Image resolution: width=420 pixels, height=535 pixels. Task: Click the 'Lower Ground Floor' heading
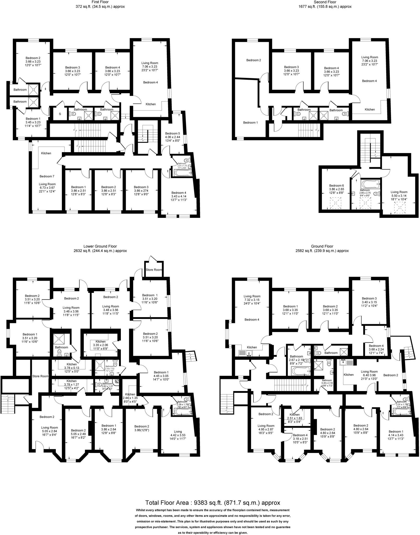tap(100, 246)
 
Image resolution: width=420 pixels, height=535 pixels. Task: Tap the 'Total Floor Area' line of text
tap(212, 503)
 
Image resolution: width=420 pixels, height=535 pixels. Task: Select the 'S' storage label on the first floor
tap(60, 114)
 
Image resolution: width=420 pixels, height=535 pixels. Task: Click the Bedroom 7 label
tap(47, 176)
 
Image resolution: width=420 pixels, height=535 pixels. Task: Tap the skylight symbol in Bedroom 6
tap(336, 203)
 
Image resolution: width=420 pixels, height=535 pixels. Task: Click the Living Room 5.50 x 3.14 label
tap(399, 194)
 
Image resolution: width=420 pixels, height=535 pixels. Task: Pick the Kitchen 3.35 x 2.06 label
tap(100, 343)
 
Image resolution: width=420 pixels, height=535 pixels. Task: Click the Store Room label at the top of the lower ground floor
tap(154, 270)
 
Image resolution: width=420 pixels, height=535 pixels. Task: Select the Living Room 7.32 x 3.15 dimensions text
tap(252, 300)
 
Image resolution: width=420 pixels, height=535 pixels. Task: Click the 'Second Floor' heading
tap(325, 2)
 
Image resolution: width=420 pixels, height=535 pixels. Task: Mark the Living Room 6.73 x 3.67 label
tap(48, 186)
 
